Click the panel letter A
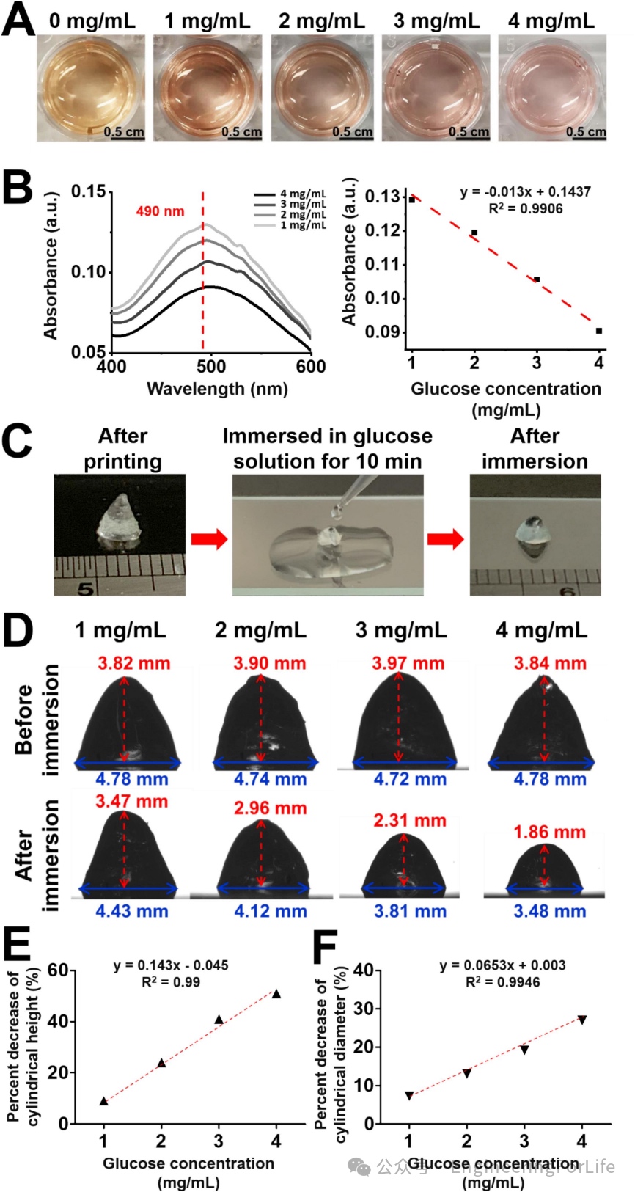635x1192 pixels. (18, 21)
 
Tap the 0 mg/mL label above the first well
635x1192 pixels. (92, 21)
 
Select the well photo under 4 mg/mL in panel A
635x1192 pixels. (552, 87)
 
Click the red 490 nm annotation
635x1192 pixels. (160, 211)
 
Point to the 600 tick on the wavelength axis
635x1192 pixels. (311, 366)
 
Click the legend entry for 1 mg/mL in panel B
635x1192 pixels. (303, 225)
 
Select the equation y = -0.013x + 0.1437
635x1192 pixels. (525, 191)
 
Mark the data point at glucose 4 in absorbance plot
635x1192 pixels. (599, 331)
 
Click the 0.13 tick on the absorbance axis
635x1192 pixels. (382, 197)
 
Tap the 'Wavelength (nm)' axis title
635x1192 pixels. (217, 389)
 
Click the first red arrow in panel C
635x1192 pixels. (209, 539)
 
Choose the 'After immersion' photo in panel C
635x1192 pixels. (535, 534)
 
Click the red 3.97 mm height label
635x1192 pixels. (408, 663)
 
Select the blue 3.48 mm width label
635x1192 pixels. (549, 911)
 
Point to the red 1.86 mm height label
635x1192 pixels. (549, 832)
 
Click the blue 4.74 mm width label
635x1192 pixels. (270, 779)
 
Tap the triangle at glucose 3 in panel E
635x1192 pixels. (219, 1020)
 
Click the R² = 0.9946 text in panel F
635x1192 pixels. (503, 981)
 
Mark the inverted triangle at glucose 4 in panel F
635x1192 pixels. (582, 1020)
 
